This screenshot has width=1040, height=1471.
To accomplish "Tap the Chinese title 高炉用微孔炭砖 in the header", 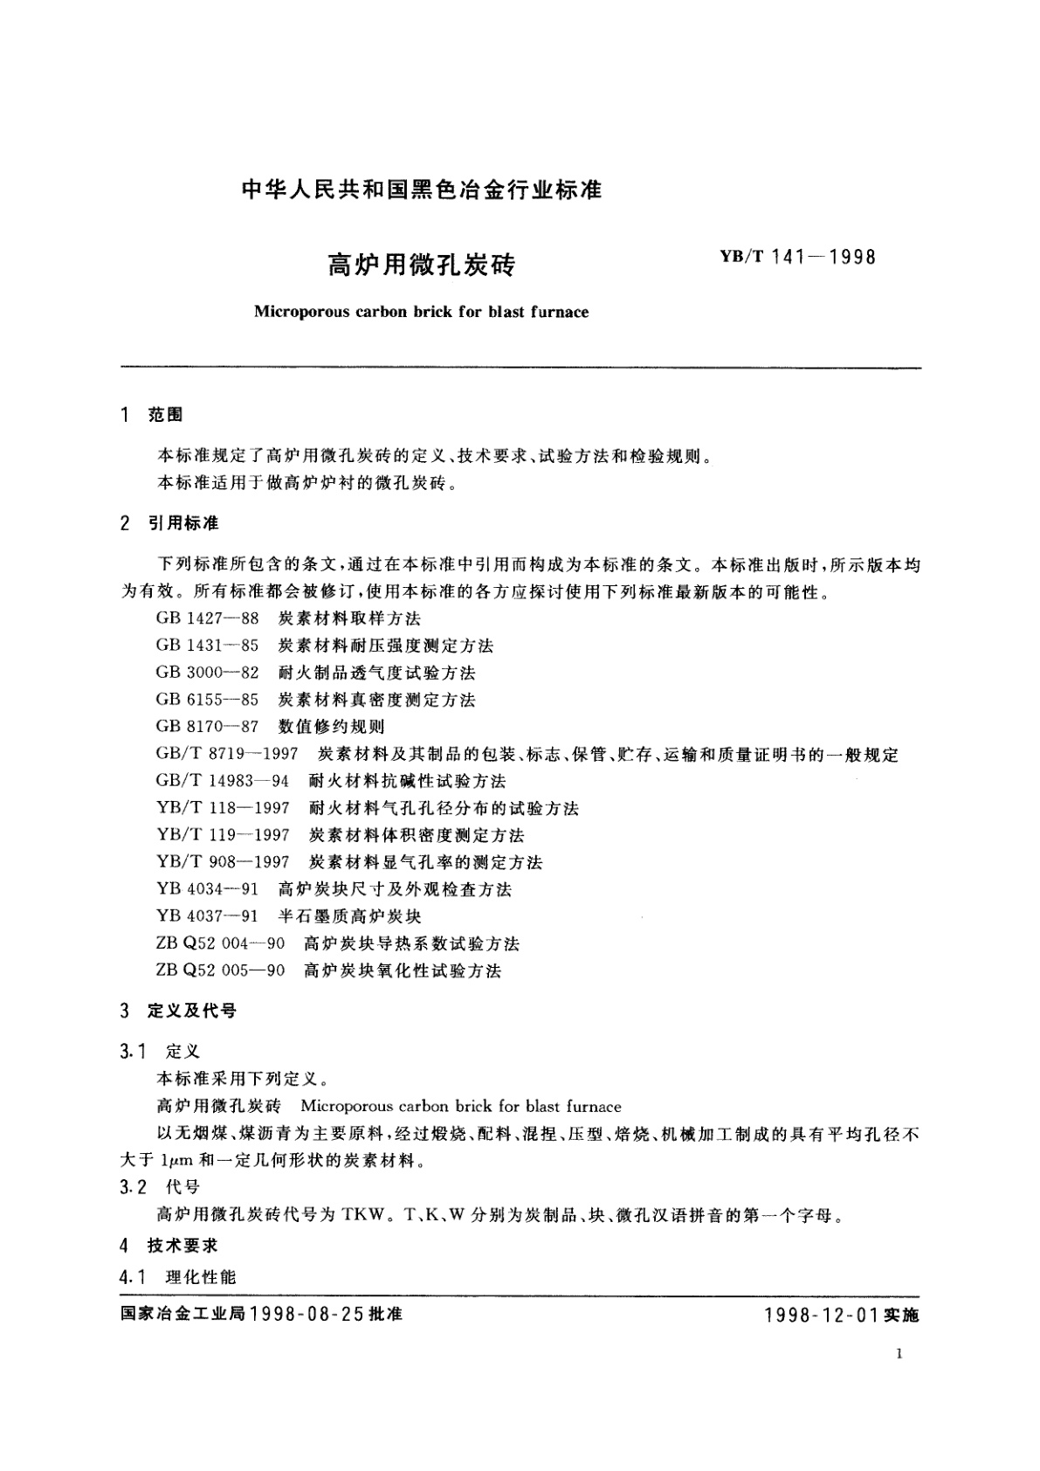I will click(x=422, y=264).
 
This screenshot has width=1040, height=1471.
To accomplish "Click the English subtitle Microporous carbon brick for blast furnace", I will click(x=421, y=312).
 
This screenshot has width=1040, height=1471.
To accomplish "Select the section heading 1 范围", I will click(x=152, y=415).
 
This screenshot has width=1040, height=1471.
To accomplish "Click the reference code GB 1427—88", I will click(x=208, y=618).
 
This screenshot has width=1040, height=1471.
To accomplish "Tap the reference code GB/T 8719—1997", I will click(x=227, y=754).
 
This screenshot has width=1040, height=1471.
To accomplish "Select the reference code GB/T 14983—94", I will click(x=222, y=781).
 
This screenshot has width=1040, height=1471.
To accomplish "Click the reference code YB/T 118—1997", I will click(x=223, y=808).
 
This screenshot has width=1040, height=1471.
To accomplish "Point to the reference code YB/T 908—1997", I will click(x=223, y=862).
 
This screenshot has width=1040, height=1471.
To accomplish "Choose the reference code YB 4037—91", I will click(x=208, y=916).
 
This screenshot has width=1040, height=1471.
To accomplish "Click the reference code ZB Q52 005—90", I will click(x=221, y=970).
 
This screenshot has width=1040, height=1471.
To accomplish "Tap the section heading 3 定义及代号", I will click(x=179, y=1012).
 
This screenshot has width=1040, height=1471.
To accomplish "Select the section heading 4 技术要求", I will click(x=169, y=1246).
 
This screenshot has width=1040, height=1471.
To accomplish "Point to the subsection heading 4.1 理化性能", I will click(x=178, y=1277).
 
